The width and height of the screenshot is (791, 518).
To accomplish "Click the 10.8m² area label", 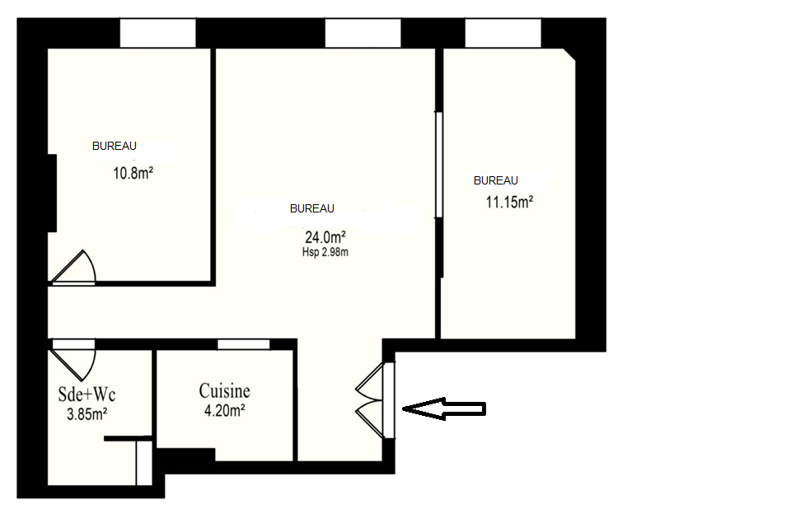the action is tap(133, 174).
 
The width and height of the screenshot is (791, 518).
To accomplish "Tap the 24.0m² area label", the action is tap(325, 236).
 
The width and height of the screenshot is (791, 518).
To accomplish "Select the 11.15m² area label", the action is tap(509, 203).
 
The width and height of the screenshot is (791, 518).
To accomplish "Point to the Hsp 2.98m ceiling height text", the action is tap(325, 252).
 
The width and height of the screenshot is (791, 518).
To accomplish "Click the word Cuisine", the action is tap(224, 391).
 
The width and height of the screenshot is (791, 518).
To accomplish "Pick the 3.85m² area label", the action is tap(87, 414).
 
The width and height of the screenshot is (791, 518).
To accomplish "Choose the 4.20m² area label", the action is tap(224, 411).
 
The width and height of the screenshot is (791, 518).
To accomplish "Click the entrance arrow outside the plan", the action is tap(444, 408).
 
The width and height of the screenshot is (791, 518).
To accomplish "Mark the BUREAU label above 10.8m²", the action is tap(114, 147).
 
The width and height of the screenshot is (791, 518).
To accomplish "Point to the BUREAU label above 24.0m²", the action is tap(311, 209).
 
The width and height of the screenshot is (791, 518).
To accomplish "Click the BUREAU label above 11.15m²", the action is tap(495, 180).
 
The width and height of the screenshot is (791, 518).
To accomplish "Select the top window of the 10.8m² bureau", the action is tap(158, 33).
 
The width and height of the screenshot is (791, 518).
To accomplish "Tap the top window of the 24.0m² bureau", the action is tap(363, 33).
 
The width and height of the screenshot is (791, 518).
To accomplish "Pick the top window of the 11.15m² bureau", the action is tap(503, 33).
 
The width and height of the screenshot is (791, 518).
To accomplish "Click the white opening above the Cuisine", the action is tap(244, 344).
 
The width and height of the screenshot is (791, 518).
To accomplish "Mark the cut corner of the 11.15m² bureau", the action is tap(569, 55).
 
